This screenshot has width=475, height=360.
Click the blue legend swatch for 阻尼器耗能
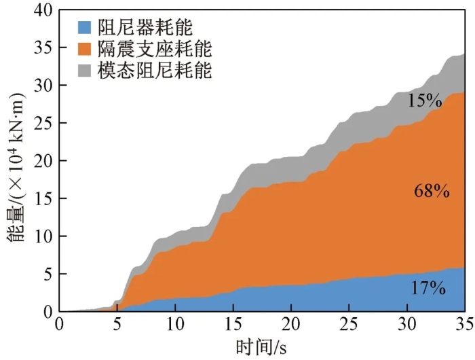[83, 29]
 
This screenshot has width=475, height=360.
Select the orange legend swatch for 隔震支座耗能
[83, 50]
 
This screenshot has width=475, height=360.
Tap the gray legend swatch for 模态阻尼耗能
[83, 71]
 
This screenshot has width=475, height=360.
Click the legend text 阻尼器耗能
[144, 29]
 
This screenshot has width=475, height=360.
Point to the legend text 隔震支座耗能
[154, 50]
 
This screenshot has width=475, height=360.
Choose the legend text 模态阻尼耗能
[154, 71]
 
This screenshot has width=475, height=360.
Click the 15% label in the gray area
[425, 102]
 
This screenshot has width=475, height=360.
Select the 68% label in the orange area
[432, 192]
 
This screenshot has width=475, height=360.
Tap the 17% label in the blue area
[427, 288]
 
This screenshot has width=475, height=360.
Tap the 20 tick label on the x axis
[291, 323]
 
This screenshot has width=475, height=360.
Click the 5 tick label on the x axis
[117, 323]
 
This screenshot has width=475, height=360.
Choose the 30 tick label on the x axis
[406, 323]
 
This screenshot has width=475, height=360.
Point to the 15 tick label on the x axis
[233, 323]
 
